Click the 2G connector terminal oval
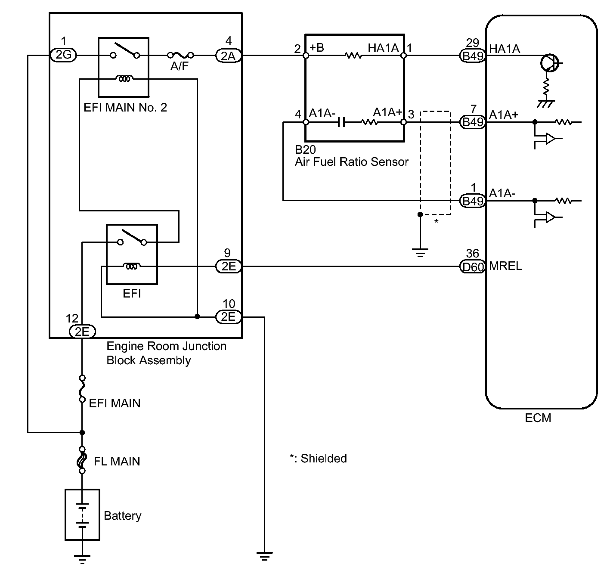click(x=63, y=55)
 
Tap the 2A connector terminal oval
click(x=229, y=56)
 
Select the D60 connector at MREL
click(x=472, y=267)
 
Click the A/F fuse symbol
click(x=180, y=56)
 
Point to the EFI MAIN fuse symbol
click(x=82, y=389)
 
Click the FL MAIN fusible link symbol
click(x=82, y=460)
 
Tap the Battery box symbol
click(x=82, y=515)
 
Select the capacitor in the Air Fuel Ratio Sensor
click(x=341, y=122)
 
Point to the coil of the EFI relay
click(x=132, y=266)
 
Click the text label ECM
click(x=538, y=418)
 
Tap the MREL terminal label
click(x=505, y=266)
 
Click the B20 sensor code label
click(x=305, y=149)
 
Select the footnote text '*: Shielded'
click(x=318, y=459)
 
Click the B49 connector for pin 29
click(x=473, y=56)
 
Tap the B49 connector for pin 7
click(x=473, y=122)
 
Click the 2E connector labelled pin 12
click(x=82, y=332)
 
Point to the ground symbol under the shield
click(x=420, y=252)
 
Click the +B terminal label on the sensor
click(x=316, y=47)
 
